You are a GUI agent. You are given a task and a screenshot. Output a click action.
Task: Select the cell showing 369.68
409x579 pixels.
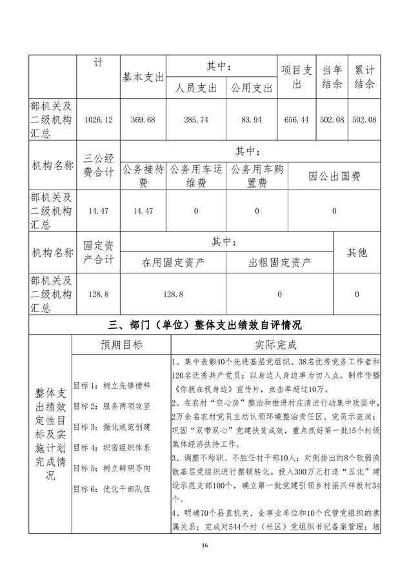[144, 120]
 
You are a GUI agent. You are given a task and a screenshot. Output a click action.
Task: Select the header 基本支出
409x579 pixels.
[144, 77]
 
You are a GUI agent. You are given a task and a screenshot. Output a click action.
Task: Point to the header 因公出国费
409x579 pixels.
[335, 175]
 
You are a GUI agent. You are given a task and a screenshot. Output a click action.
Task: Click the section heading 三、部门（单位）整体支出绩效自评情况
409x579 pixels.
[204, 324]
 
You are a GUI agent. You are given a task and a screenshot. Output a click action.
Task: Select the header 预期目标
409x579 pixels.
[121, 344]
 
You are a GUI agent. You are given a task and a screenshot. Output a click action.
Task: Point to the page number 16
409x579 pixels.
[204, 545]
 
